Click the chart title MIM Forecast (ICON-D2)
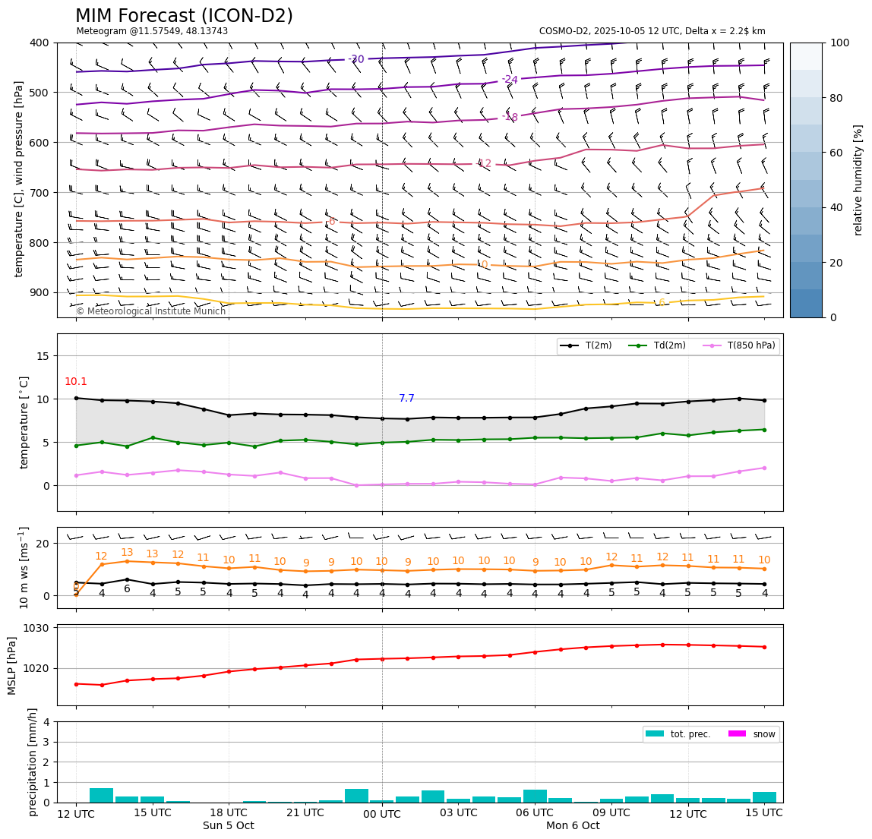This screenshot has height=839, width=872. tap(184, 16)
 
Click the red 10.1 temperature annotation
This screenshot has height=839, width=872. tap(76, 382)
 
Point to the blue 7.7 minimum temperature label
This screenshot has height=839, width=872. tap(407, 399)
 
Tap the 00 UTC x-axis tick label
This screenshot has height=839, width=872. tap(381, 814)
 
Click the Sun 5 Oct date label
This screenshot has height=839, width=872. tap(228, 826)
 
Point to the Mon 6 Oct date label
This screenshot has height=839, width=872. tap(573, 826)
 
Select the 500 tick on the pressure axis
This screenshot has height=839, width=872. tap(39, 93)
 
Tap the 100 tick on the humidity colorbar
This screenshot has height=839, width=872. tap(839, 43)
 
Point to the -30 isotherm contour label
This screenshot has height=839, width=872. tap(355, 59)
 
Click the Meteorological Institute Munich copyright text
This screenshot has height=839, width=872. tap(150, 311)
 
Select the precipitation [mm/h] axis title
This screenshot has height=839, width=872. tap(33, 762)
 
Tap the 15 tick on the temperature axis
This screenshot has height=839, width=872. tap(43, 356)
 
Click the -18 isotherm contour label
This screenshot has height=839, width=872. tap(510, 117)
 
